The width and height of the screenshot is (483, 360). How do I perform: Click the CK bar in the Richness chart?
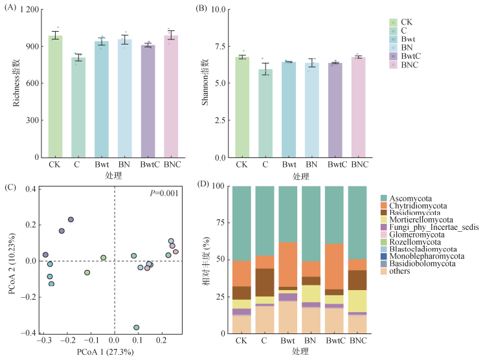[x=56, y=97]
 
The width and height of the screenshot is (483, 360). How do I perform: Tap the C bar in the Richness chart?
[x=78, y=107]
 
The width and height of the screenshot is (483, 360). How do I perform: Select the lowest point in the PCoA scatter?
[x=136, y=328]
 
